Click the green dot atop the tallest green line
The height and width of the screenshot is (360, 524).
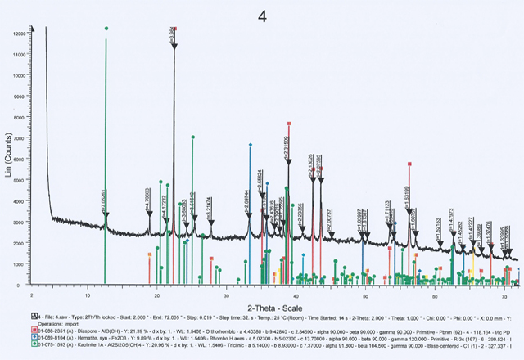tap(106, 29)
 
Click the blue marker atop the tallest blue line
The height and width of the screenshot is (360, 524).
tap(250, 145)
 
